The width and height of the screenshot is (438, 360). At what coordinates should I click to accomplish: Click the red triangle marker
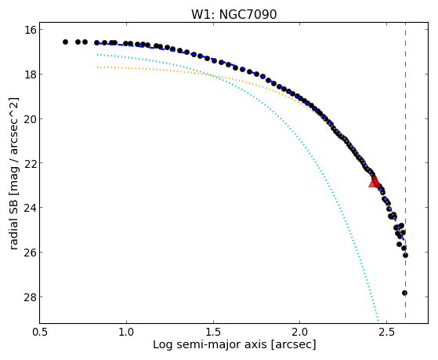pyautogui.click(x=375, y=181)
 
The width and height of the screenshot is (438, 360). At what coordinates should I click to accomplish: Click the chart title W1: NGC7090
pyautogui.click(x=233, y=15)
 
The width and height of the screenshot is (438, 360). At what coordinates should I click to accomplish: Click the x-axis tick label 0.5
pyautogui.click(x=40, y=333)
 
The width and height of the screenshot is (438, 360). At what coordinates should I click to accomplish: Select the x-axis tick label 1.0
pyautogui.click(x=126, y=333)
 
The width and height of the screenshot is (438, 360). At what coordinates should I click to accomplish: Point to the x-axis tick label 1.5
pyautogui.click(x=213, y=333)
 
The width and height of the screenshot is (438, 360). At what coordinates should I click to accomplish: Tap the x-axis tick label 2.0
pyautogui.click(x=300, y=333)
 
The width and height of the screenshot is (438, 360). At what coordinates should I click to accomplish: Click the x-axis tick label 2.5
pyautogui.click(x=386, y=333)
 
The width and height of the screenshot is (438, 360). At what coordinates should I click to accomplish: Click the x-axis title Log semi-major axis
pyautogui.click(x=209, y=344)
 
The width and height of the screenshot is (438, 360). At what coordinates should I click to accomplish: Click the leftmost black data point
pyautogui.click(x=65, y=42)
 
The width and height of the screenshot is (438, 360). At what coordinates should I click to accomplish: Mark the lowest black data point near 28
pyautogui.click(x=404, y=293)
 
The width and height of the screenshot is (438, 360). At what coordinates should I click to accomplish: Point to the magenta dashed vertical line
pyautogui.click(x=405, y=173)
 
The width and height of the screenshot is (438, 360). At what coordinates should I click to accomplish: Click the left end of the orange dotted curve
pyautogui.click(x=97, y=67)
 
